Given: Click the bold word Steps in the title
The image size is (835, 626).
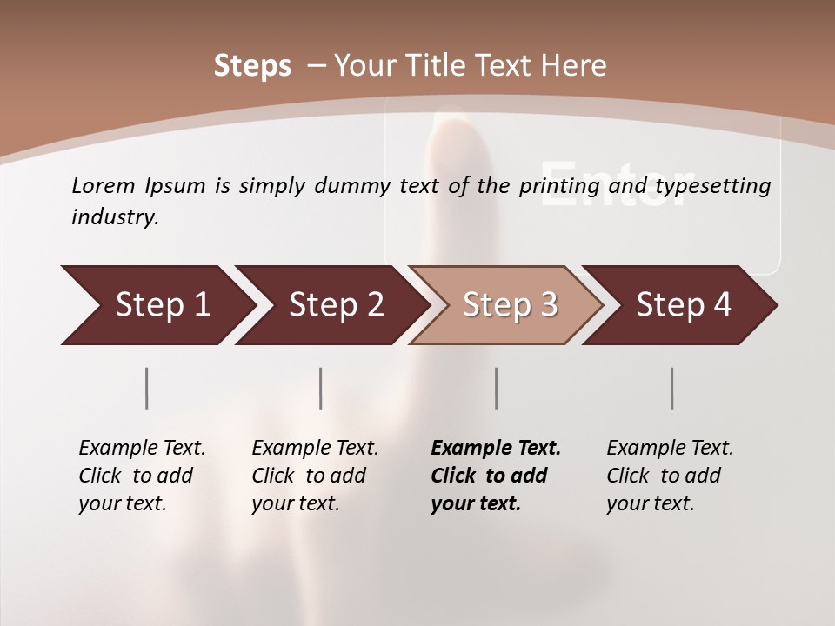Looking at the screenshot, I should pyautogui.click(x=252, y=65).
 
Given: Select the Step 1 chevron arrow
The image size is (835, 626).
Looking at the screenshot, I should pyautogui.click(x=157, y=305).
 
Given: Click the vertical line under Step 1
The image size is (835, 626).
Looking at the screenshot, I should pyautogui.click(x=147, y=388).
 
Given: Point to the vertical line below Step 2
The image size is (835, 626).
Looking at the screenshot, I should pyautogui.click(x=321, y=388).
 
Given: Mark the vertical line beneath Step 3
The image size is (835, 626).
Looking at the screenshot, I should pyautogui.click(x=496, y=388).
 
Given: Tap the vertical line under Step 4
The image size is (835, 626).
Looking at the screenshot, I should pyautogui.click(x=672, y=388).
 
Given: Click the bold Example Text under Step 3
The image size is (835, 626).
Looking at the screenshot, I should pyautogui.click(x=496, y=475).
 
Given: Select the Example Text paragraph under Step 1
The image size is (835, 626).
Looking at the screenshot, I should pyautogui.click(x=142, y=475).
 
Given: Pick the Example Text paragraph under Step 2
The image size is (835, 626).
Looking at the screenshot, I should pyautogui.click(x=315, y=475).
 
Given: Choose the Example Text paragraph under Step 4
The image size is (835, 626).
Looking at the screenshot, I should pyautogui.click(x=670, y=475).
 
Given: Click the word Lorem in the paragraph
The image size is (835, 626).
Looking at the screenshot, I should pyautogui.click(x=103, y=185).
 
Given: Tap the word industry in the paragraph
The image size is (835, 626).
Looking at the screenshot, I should pyautogui.click(x=115, y=216).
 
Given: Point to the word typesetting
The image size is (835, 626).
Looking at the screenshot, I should pyautogui.click(x=712, y=186).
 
